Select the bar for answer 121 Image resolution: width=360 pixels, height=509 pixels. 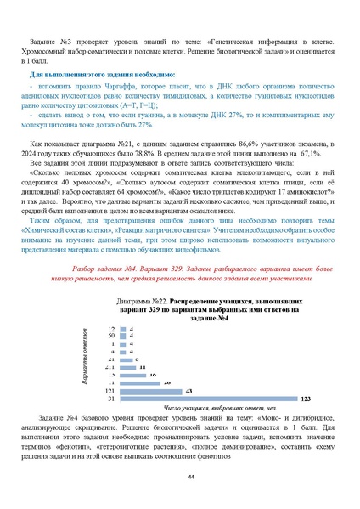click(149, 390)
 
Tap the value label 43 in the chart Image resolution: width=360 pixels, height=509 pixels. click(188, 390)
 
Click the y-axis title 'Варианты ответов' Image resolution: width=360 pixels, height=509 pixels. click(86, 360)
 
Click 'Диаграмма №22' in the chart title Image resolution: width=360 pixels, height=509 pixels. click(139, 301)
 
